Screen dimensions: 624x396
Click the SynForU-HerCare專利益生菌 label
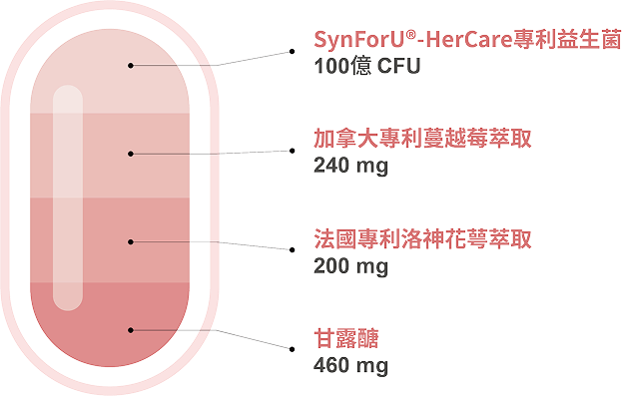pyautogui.click(x=467, y=41)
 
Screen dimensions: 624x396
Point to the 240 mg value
pyautogui.click(x=350, y=166)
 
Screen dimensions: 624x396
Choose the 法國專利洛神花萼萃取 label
pyautogui.click(x=422, y=241)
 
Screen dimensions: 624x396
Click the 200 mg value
pyautogui.click(x=350, y=266)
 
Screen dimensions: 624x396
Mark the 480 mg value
pyautogui.click(x=350, y=365)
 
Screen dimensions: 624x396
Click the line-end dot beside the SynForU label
pyautogui.click(x=292, y=50)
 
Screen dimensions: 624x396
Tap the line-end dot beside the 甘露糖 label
pyautogui.click(x=291, y=348)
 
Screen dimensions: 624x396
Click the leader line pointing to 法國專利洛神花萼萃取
pyautogui.click(x=210, y=245)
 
